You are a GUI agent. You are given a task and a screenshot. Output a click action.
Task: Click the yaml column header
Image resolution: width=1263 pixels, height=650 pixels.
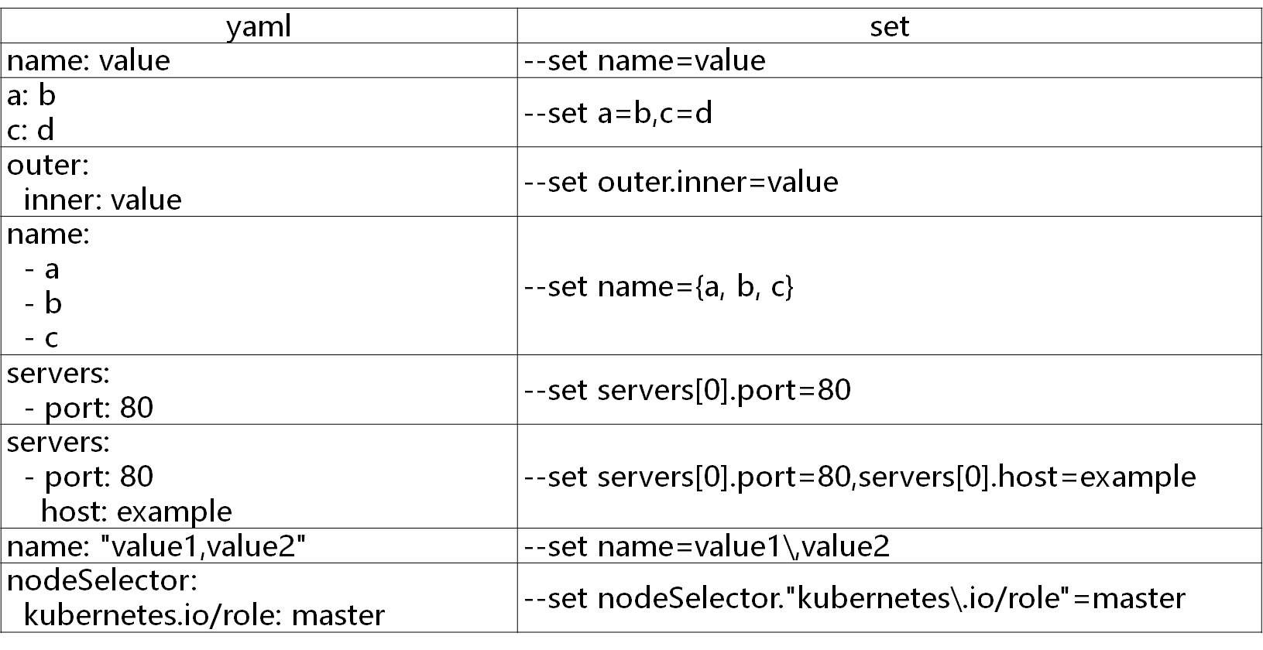(x=259, y=26)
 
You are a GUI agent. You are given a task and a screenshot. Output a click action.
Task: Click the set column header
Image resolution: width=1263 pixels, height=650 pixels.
(x=889, y=26)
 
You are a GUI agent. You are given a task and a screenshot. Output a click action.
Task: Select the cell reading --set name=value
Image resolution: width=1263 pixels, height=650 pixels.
(x=644, y=60)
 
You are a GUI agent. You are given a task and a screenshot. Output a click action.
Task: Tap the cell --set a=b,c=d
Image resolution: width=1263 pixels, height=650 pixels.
(x=618, y=113)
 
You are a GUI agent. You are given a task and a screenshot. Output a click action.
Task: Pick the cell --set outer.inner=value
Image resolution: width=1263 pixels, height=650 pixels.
(x=681, y=182)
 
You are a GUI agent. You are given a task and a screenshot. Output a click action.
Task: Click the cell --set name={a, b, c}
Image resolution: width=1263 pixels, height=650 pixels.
(x=659, y=286)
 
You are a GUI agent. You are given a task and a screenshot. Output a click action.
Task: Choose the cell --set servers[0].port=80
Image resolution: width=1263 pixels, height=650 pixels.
(x=687, y=389)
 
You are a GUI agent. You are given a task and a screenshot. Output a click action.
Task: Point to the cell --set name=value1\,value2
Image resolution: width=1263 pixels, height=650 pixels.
(x=706, y=547)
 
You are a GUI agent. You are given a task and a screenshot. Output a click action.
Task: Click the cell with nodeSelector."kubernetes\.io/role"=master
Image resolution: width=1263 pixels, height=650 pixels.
(x=854, y=598)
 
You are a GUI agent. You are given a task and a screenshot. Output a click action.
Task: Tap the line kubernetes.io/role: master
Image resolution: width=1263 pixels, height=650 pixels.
(x=204, y=615)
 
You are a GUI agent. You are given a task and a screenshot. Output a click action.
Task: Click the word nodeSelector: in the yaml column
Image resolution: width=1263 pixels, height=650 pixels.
(x=102, y=580)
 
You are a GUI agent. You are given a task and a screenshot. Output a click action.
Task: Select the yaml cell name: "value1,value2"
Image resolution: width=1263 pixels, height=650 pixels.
(x=157, y=547)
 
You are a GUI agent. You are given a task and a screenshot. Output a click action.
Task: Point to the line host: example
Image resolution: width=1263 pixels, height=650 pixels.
(x=136, y=511)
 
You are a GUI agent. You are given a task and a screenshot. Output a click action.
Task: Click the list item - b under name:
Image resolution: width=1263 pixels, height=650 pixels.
(x=43, y=303)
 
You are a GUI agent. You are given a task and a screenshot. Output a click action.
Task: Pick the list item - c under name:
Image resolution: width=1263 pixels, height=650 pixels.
(x=42, y=338)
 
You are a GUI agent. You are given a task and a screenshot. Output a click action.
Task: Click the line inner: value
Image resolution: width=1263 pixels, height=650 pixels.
(x=103, y=200)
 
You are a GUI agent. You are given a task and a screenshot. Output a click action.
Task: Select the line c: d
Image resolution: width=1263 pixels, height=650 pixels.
(x=31, y=129)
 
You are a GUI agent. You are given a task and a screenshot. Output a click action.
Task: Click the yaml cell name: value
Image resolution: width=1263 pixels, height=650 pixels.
(x=88, y=60)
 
